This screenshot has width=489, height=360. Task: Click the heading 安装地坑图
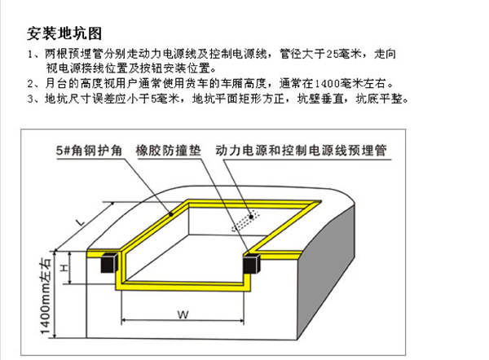click(x=64, y=33)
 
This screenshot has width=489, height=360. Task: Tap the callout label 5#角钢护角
click(x=89, y=151)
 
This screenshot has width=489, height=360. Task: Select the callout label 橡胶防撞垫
click(x=169, y=151)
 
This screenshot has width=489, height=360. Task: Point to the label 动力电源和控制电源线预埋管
click(x=302, y=151)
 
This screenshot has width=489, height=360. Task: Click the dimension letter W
click(x=183, y=314)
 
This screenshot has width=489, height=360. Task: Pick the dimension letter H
click(x=64, y=268)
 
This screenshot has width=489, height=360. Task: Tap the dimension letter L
click(x=81, y=222)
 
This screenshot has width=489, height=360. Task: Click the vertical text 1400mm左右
click(x=46, y=296)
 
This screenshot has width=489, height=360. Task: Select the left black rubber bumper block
click(x=109, y=262)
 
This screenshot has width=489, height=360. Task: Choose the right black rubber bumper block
click(x=251, y=264)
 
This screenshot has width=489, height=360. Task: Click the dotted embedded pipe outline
click(x=245, y=221)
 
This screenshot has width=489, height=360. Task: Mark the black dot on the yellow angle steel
click(x=171, y=214)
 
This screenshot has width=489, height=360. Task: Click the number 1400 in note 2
click(x=327, y=84)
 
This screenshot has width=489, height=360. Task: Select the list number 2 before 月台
click(x=30, y=84)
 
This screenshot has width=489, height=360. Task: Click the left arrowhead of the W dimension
click(x=124, y=320)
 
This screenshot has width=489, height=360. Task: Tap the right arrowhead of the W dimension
click(x=241, y=320)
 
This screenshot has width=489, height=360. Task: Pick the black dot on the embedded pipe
click(x=251, y=217)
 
